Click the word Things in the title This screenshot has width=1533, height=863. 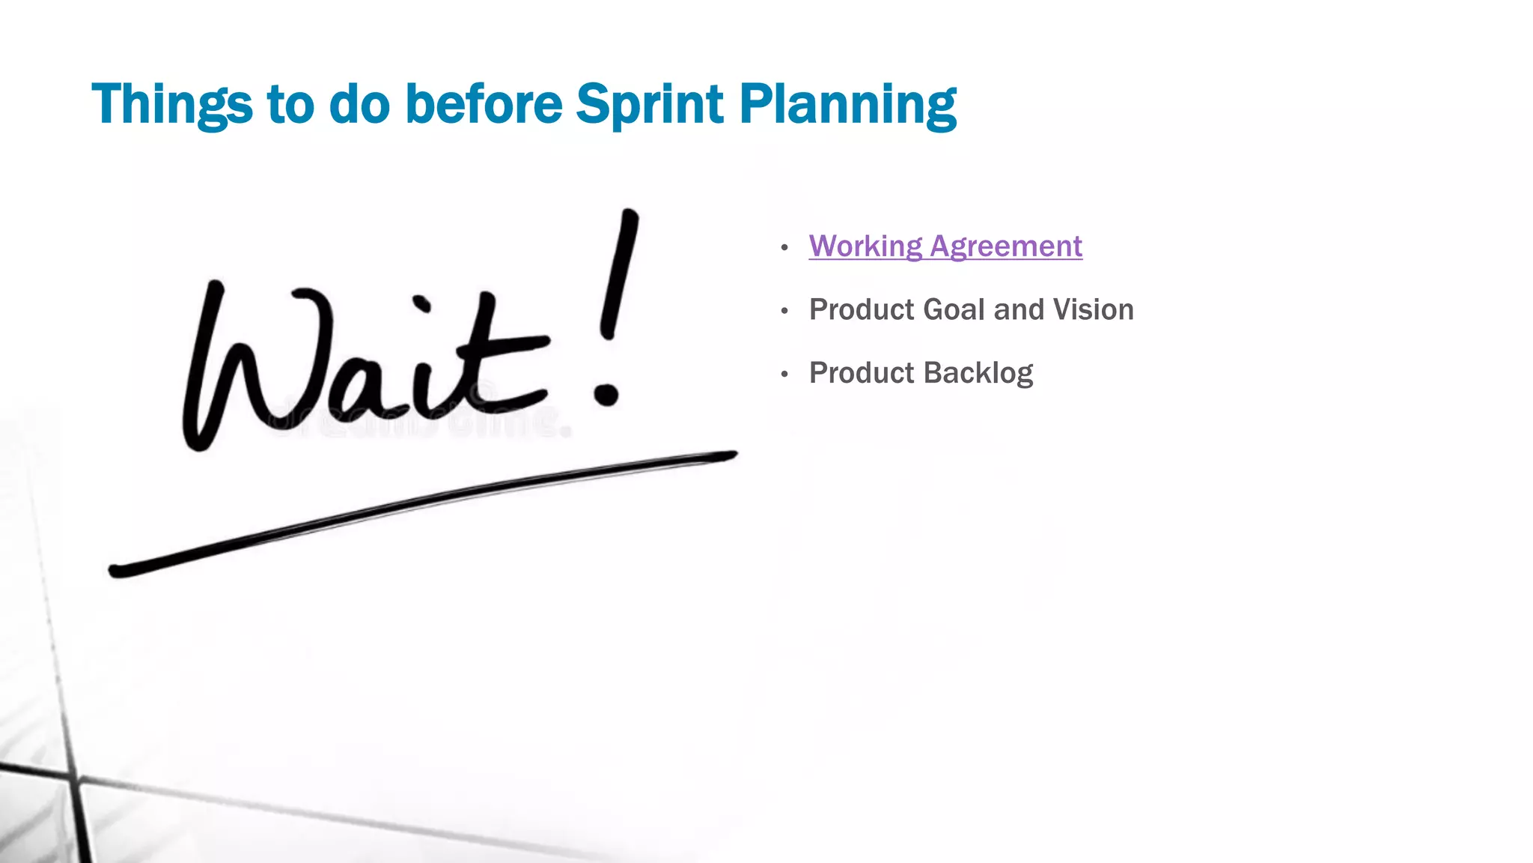click(171, 104)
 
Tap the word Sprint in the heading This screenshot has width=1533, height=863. click(649, 104)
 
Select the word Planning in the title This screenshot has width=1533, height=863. click(847, 104)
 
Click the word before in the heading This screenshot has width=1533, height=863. click(483, 104)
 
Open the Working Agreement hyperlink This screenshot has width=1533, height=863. click(945, 246)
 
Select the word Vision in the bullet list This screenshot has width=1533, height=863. click(1093, 309)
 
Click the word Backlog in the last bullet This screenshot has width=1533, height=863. click(978, 373)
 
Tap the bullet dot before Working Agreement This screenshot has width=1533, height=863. click(784, 247)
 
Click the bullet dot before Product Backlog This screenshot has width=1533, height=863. click(784, 374)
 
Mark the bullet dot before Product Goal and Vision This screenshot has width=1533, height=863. click(784, 311)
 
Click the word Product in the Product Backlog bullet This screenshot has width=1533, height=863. click(861, 373)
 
